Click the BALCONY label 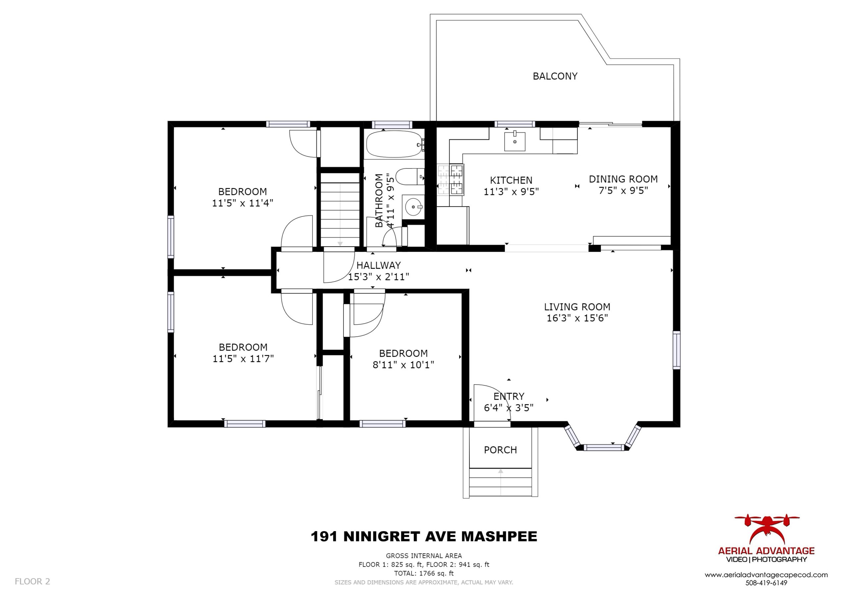click(555, 76)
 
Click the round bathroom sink click(413, 207)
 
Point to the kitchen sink click(514, 141)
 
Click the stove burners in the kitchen click(450, 180)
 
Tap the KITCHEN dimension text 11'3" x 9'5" click(511, 192)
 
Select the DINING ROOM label click(623, 179)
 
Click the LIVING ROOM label click(577, 307)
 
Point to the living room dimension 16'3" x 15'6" click(577, 318)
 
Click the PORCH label click(500, 450)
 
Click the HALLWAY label click(379, 265)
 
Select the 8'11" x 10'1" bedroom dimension click(403, 365)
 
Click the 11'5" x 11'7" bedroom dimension click(243, 358)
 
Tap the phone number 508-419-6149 click(767, 583)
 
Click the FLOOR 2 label click(32, 582)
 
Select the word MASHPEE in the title click(499, 536)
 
